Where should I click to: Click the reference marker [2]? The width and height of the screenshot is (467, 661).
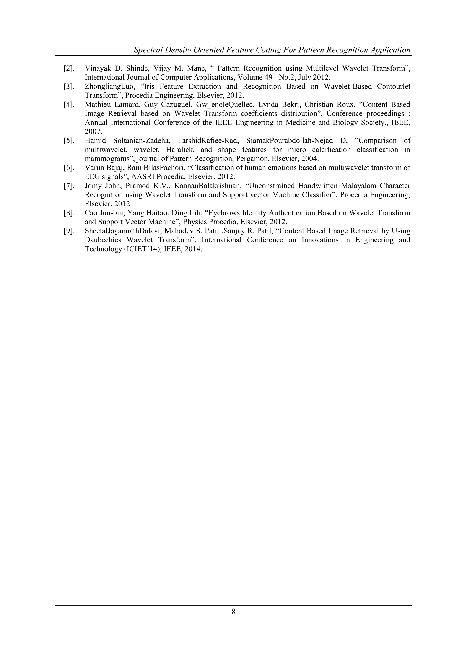tap(69, 68)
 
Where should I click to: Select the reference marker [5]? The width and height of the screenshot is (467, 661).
tap(69, 141)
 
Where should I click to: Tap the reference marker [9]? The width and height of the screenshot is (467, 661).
tap(69, 231)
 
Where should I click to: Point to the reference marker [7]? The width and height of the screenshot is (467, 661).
tap(69, 186)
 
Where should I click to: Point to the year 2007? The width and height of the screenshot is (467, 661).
tap(93, 131)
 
